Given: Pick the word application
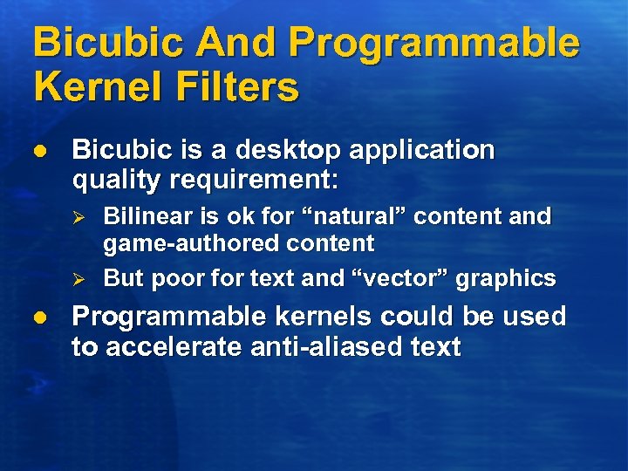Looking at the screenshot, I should [x=422, y=151].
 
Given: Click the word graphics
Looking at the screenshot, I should [x=509, y=279].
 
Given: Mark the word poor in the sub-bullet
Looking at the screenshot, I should [x=174, y=279].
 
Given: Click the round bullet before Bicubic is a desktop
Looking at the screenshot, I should [x=39, y=151].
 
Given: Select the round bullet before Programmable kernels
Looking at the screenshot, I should [x=39, y=317].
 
